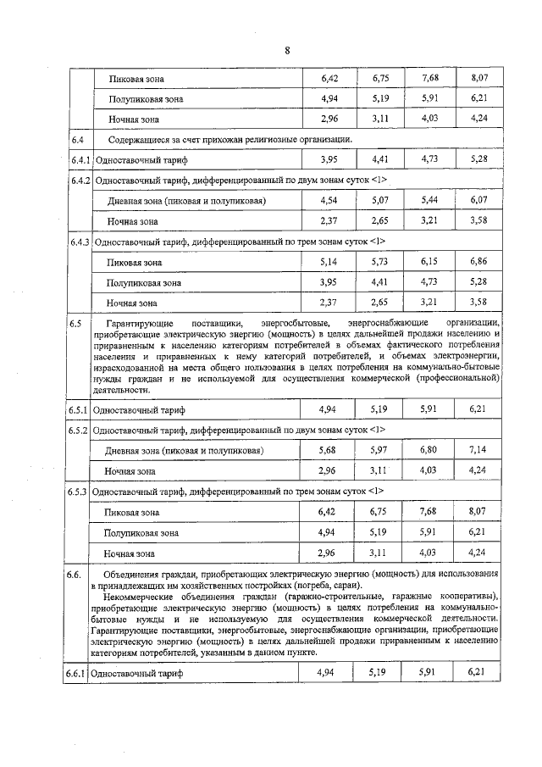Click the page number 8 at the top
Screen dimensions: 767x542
tap(287, 50)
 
